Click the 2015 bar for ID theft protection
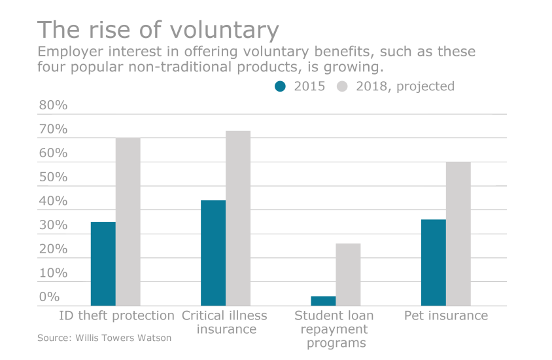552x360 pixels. [103, 264]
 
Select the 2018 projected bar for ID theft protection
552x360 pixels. [128, 222]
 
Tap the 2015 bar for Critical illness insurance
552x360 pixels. [213, 253]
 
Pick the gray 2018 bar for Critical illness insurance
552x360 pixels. [237, 218]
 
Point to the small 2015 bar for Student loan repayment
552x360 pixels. [323, 301]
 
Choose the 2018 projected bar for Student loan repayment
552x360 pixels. [348, 274]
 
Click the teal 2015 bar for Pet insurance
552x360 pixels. [433, 262]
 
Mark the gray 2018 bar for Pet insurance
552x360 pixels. [458, 234]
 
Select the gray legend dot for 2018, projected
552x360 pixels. [343, 86]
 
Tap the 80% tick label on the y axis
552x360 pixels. [52, 105]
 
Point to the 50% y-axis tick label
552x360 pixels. [52, 177]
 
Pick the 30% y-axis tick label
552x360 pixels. [52, 225]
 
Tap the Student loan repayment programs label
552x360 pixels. [334, 329]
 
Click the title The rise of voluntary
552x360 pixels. [158, 30]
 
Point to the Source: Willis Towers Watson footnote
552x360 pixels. [104, 338]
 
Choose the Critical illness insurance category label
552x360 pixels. [224, 322]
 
